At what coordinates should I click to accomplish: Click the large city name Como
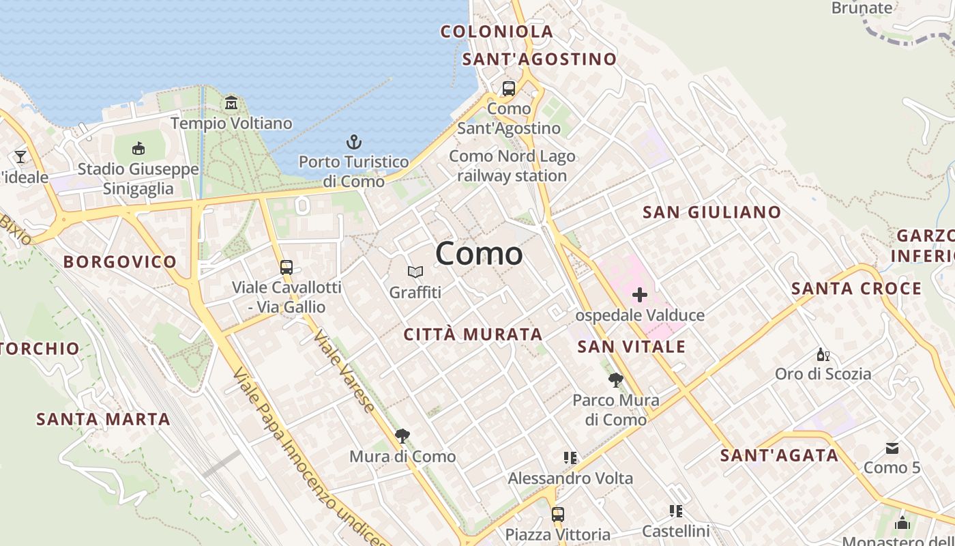479,254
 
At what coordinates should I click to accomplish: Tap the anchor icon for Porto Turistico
353,142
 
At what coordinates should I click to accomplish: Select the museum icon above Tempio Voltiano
231,103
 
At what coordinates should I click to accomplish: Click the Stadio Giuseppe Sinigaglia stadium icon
138,148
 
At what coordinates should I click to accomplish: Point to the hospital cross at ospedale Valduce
639,295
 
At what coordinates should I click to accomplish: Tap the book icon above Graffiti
415,272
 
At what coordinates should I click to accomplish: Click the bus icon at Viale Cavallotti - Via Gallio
286,267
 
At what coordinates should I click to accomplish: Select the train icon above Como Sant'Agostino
509,89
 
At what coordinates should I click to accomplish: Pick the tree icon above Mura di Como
402,436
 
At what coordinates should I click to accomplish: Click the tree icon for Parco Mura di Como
615,380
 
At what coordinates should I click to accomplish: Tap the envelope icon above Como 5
892,448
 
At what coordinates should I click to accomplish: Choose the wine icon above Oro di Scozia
823,354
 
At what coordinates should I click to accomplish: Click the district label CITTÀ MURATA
473,334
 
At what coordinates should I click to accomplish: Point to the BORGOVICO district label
120,261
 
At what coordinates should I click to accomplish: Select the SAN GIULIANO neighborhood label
711,212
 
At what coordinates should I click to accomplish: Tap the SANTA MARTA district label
103,419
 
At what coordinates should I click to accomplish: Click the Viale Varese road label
344,372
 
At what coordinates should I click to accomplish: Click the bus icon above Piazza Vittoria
558,514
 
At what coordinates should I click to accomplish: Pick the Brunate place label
862,8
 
